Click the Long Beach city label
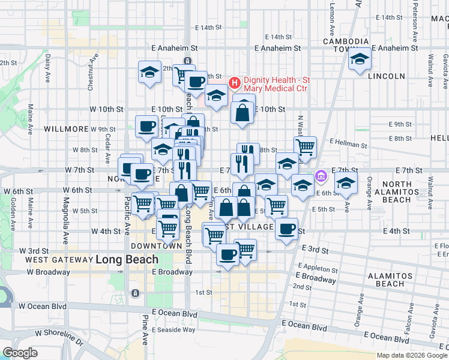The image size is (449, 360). tap(127, 260)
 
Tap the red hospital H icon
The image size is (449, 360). tap(234, 81)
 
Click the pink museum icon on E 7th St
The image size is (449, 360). tap(321, 176)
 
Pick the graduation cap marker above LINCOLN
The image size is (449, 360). tap(360, 59)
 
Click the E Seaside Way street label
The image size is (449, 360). tap(174, 329)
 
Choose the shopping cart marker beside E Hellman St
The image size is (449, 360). tap(306, 146)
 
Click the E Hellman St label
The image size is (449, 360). tap(348, 144)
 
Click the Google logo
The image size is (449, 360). tap(20, 352)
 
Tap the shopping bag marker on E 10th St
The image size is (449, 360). tap(241, 112)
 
